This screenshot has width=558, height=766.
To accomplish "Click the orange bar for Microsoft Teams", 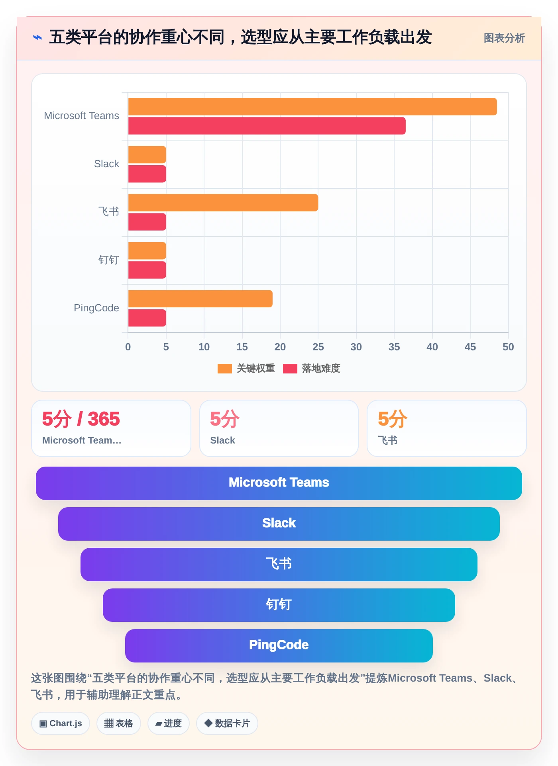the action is (312, 107).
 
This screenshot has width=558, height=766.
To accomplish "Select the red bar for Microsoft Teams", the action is (267, 126).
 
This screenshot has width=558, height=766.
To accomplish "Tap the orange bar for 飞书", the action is (223, 203).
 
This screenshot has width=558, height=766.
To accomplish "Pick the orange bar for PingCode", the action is (200, 299).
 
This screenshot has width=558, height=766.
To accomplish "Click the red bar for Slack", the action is (147, 174).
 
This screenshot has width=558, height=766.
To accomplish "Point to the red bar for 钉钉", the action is (147, 270).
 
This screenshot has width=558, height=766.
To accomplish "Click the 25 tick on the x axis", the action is (318, 347).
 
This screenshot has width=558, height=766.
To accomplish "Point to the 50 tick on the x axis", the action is (508, 347).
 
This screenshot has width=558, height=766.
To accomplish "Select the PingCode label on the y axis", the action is (96, 308).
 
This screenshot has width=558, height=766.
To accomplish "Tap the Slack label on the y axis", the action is (106, 164).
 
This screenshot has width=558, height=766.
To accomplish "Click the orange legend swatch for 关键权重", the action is (225, 369).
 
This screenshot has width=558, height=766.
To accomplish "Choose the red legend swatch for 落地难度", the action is (290, 369).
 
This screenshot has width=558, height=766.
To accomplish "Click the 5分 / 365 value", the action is (81, 419).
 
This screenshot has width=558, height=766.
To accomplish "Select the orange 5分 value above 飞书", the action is (393, 419).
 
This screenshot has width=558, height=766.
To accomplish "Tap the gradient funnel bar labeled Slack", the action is (279, 524).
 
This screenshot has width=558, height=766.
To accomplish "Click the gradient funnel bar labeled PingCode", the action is (279, 646).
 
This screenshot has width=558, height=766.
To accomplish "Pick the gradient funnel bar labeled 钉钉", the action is (279, 605).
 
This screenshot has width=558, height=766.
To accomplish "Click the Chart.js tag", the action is (61, 723).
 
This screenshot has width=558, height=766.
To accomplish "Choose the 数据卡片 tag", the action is (227, 723).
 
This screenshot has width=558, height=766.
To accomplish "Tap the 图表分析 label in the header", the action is (504, 38).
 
